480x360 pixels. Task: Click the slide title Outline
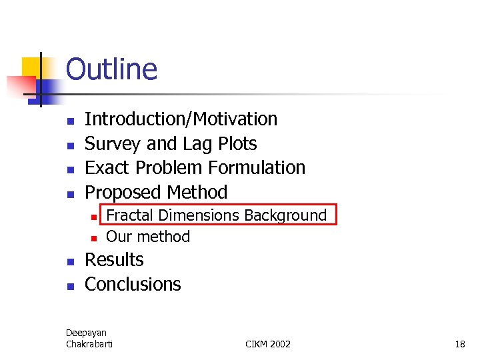(x=111, y=69)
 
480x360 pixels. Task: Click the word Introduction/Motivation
(x=181, y=119)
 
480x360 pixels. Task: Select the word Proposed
(x=123, y=193)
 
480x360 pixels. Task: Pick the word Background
(x=285, y=215)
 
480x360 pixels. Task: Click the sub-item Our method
(x=148, y=237)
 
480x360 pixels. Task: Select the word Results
(x=114, y=260)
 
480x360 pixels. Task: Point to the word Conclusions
(x=133, y=285)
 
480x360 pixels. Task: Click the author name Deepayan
(x=86, y=333)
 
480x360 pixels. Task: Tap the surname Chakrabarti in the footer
(x=89, y=344)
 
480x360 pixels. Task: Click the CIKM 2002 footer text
(x=268, y=344)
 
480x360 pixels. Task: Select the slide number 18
(x=459, y=344)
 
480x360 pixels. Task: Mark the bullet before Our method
(x=95, y=238)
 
